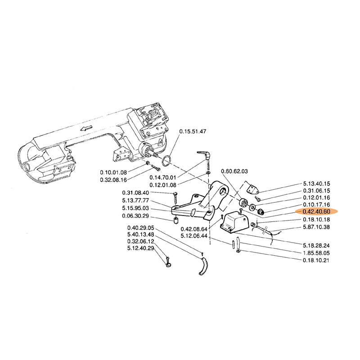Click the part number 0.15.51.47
(193, 131)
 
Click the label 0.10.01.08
(113, 172)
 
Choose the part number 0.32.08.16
(113, 180)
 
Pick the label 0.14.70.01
(163, 177)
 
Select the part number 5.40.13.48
(141, 234)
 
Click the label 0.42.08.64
(193, 228)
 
